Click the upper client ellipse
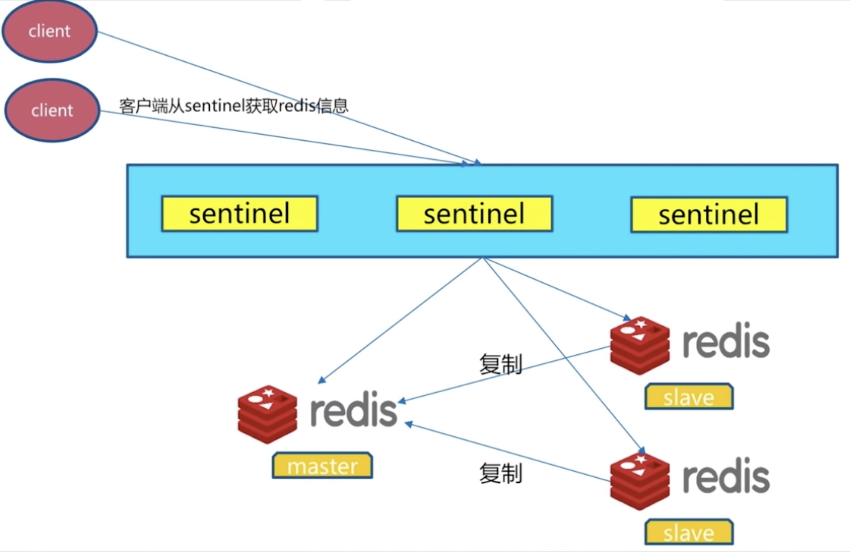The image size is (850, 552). (x=50, y=31)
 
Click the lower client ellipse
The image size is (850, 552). (x=52, y=110)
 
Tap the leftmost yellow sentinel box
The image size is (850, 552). (x=239, y=214)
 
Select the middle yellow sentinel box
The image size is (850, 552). (x=474, y=214)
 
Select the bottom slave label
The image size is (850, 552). (x=689, y=532)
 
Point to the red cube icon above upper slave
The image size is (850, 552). (x=640, y=346)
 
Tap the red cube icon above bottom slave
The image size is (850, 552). (x=640, y=481)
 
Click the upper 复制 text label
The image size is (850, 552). (x=500, y=364)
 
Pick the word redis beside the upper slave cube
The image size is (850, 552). (x=726, y=340)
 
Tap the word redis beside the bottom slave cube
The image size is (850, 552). (x=726, y=476)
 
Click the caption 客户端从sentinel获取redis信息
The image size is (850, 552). (x=234, y=106)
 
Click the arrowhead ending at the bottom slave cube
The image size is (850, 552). (x=642, y=451)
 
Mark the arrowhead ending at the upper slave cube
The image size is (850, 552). (x=627, y=318)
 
